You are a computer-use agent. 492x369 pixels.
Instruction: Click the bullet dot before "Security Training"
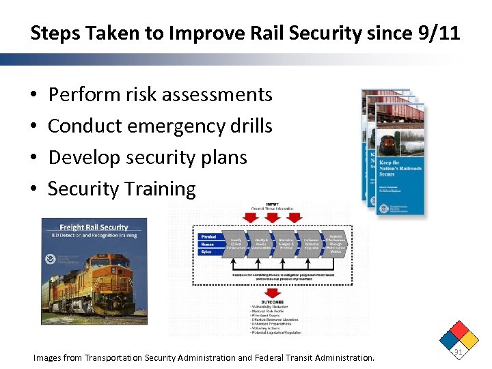[x=34, y=189]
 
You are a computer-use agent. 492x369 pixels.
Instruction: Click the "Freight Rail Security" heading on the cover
[x=94, y=227]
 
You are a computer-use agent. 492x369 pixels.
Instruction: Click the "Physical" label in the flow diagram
[x=208, y=236]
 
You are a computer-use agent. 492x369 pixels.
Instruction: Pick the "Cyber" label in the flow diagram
[x=206, y=251]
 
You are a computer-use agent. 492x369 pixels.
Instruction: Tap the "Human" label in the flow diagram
[x=207, y=243]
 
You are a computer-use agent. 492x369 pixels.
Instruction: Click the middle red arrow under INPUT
[x=271, y=217]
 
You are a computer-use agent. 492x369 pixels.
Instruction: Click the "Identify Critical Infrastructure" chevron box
[x=236, y=243]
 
